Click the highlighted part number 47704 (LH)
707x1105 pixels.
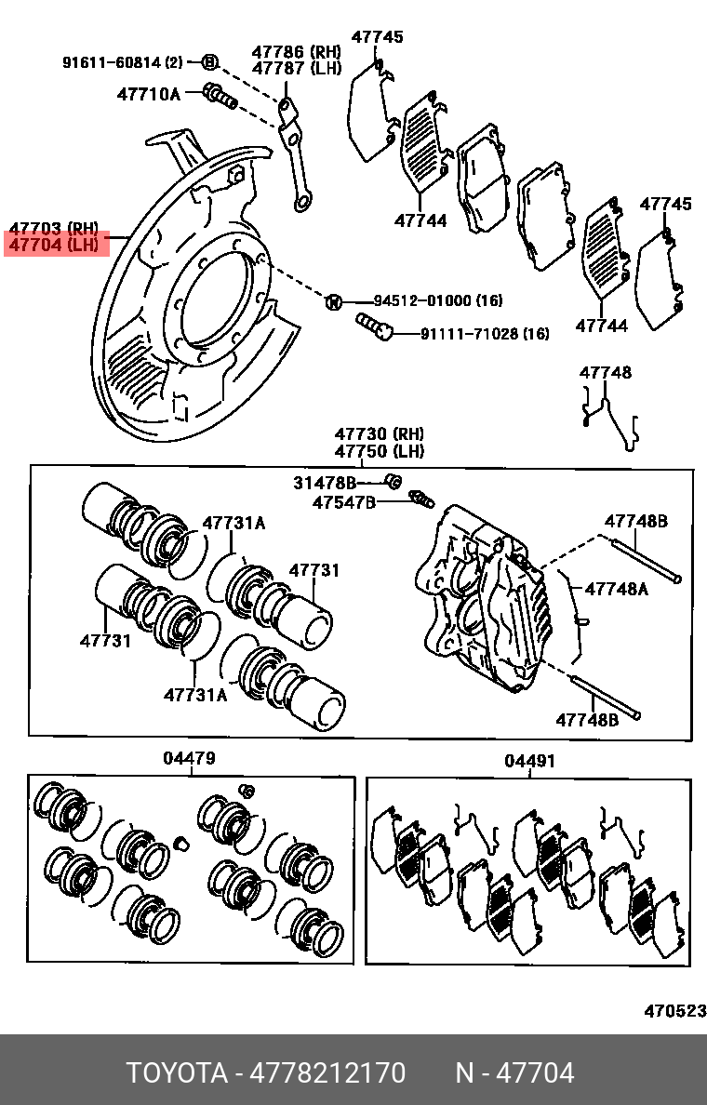(54, 246)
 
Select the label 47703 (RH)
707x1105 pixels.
(54, 228)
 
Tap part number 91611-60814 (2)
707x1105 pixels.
(123, 62)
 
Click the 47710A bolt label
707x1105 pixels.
(149, 94)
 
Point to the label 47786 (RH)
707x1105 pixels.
(297, 51)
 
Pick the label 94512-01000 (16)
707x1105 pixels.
(438, 301)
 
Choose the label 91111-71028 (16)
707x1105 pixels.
(485, 333)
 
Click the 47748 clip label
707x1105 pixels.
(606, 372)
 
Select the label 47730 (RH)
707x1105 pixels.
(380, 433)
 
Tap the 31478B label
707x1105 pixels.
(325, 483)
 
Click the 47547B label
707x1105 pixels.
(344, 502)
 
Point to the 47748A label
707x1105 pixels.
(616, 589)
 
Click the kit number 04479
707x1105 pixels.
(190, 758)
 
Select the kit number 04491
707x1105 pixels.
(530, 761)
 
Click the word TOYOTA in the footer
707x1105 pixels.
(177, 1073)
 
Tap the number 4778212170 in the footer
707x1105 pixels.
(328, 1073)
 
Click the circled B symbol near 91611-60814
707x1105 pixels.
(209, 62)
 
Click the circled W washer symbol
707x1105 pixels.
(333, 301)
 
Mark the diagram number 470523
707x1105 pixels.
(675, 1011)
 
